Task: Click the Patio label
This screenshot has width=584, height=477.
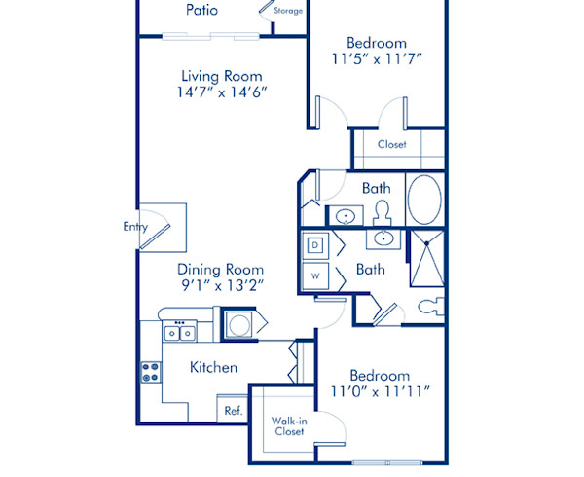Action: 201,11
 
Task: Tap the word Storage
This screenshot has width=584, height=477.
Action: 287,11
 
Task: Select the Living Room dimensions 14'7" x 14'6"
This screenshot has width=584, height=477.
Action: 222,93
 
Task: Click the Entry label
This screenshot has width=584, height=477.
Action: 135,227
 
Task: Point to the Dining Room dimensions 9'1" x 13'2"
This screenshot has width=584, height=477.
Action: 221,285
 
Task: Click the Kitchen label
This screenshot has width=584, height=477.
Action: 213,367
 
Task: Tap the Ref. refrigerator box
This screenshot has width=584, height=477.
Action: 233,410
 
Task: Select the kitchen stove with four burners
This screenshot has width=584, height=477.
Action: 151,370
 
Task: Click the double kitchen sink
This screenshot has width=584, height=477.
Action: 178,333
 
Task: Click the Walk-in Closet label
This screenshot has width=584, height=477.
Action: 288,424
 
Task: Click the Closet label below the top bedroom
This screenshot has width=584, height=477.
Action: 392,145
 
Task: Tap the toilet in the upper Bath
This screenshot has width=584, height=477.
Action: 383,210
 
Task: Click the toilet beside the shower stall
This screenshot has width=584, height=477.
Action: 428,307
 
